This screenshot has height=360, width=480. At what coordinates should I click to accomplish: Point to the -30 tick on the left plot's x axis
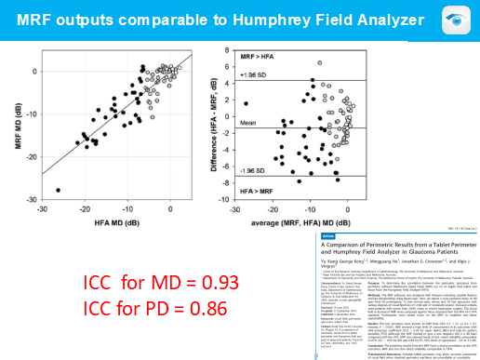coord(40,206)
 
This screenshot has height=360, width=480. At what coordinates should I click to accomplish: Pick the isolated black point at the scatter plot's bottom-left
coord(59,190)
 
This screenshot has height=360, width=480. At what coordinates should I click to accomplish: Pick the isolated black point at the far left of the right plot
coord(247,103)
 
